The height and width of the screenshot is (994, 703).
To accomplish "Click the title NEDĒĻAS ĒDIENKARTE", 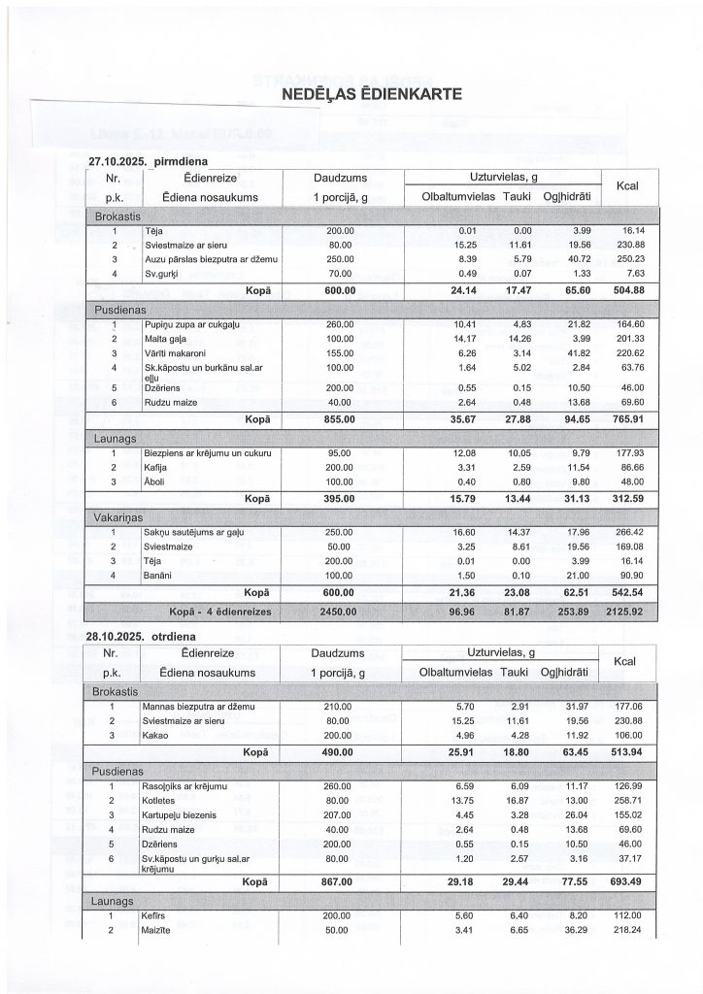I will click(x=370, y=95).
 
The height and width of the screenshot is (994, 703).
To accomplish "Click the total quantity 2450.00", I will click(x=340, y=612).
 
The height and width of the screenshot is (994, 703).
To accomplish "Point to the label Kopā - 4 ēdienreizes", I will click(x=219, y=612).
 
